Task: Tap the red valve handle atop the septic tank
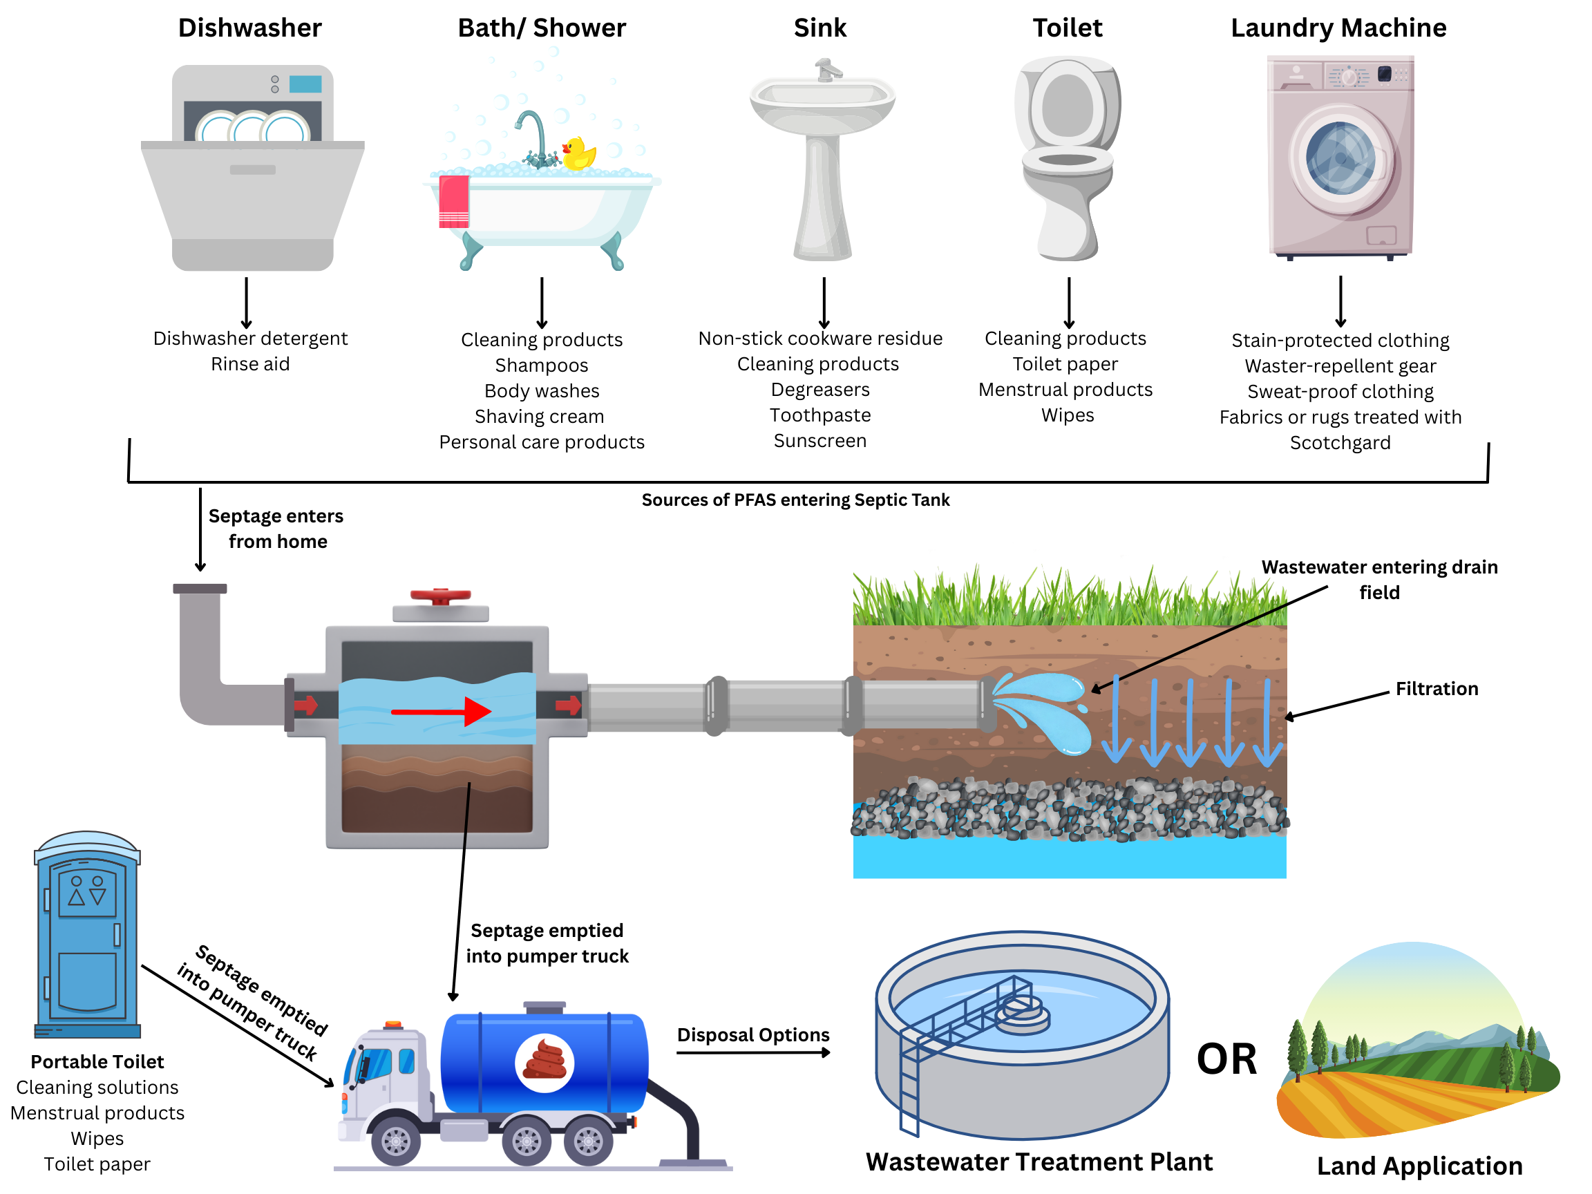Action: [x=439, y=596]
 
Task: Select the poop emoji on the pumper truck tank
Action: [x=544, y=1062]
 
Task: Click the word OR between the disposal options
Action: [x=1226, y=1059]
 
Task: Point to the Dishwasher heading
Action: [x=249, y=28]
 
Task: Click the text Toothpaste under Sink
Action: [x=819, y=415]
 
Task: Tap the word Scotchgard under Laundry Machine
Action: [x=1339, y=443]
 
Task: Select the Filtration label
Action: [x=1437, y=689]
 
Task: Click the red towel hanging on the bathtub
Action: [x=453, y=201]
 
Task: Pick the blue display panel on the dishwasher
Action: [x=305, y=84]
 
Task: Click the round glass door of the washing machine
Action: [x=1340, y=158]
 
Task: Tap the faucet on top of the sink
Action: [x=828, y=70]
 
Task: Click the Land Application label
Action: [x=1419, y=1166]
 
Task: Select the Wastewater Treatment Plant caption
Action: [x=1039, y=1162]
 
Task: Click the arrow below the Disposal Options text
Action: [x=753, y=1053]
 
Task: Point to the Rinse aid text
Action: [x=249, y=364]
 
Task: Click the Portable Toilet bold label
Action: [x=97, y=1061]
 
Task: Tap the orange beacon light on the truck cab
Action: [x=393, y=1024]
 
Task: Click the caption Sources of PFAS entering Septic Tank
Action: [x=795, y=500]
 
